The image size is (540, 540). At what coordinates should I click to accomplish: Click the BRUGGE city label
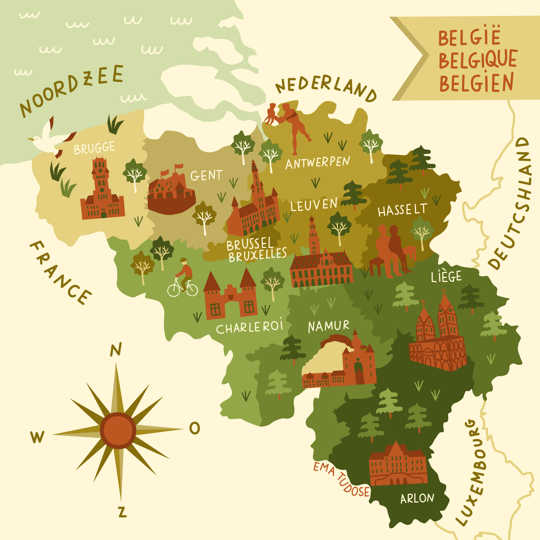tap(94, 148)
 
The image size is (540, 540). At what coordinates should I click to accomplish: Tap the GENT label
tap(206, 175)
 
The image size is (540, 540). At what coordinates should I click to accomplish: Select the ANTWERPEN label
tap(318, 163)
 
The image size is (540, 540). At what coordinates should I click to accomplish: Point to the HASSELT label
tap(402, 210)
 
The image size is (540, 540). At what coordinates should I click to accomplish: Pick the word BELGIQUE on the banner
tap(478, 59)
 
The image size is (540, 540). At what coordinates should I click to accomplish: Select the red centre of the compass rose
tap(118, 430)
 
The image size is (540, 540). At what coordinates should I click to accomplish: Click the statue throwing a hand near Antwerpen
tap(291, 126)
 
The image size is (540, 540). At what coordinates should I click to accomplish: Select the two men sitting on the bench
tap(391, 252)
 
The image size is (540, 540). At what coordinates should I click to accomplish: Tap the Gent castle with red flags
tap(170, 193)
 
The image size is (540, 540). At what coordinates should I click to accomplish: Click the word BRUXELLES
tap(257, 255)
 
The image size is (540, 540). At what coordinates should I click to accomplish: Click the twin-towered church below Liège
tap(437, 335)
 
